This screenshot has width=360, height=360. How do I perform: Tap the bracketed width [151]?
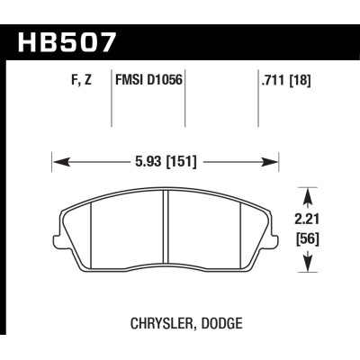pos(179,161)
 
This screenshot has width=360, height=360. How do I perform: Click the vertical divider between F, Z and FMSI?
pos(111,103)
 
